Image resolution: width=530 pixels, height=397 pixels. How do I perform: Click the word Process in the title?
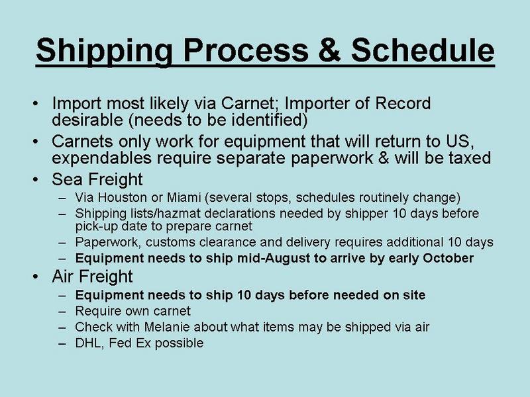[246, 51]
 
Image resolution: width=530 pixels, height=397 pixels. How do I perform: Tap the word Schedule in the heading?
[423, 50]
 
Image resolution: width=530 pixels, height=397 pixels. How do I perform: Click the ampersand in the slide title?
[329, 50]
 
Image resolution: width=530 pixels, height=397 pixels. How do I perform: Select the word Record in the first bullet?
[403, 103]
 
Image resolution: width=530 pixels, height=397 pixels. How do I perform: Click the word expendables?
[101, 158]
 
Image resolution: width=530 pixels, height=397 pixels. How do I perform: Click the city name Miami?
[184, 197]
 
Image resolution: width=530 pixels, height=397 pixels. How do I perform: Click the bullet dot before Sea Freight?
[36, 179]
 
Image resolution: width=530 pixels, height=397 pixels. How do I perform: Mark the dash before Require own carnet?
[62, 311]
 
